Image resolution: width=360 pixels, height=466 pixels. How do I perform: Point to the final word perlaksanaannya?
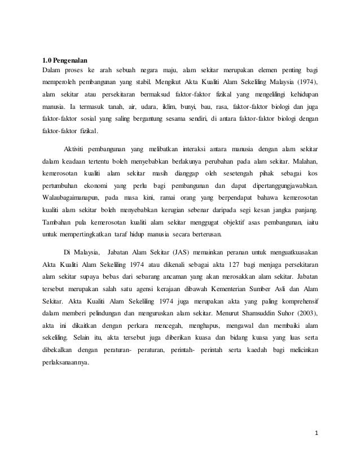click(x=66, y=363)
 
